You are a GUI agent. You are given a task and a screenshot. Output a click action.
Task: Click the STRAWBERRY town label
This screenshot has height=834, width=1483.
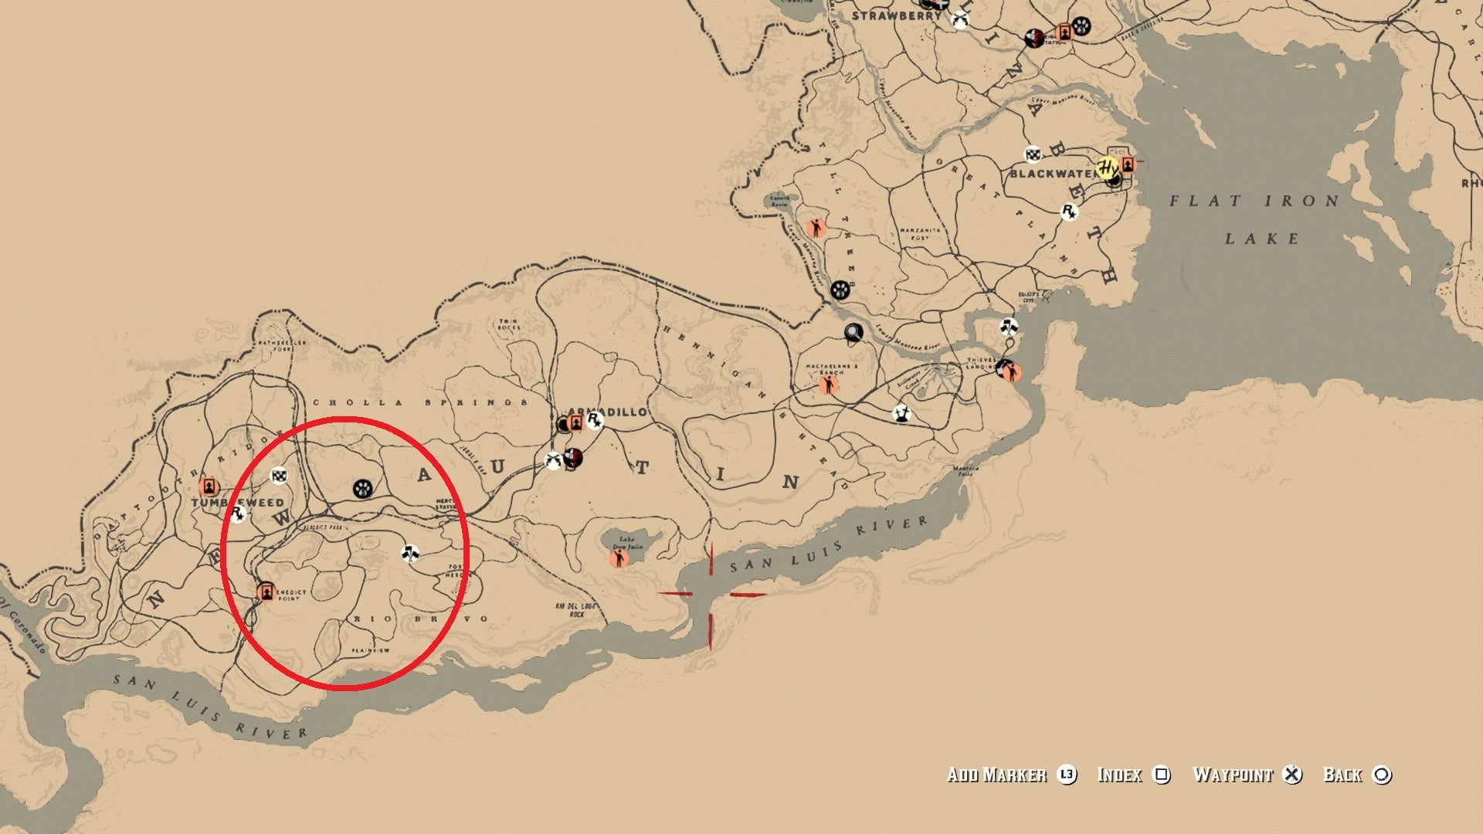(896, 15)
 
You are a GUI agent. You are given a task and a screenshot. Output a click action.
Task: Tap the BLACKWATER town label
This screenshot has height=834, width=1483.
(1051, 174)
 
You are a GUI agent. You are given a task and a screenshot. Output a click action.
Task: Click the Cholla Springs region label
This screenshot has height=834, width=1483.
(421, 402)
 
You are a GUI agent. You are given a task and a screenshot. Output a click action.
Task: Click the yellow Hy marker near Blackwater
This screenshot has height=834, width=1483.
(1108, 168)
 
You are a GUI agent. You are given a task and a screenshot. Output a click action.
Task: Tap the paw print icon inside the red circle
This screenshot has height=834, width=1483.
(362, 488)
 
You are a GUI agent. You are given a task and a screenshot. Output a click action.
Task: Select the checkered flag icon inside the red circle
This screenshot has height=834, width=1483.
(279, 476)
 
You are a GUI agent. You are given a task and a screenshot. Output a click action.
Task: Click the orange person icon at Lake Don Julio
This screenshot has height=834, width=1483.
(619, 558)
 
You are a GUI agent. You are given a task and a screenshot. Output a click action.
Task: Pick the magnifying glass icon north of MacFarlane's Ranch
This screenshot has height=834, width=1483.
(853, 333)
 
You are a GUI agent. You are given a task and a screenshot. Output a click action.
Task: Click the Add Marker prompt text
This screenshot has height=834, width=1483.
(996, 775)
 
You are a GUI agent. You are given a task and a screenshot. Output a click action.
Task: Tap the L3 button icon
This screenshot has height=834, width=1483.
(1067, 775)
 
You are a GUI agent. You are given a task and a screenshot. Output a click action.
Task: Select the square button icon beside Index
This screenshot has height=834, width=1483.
(1162, 775)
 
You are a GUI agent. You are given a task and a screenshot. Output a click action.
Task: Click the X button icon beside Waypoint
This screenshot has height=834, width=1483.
(1292, 775)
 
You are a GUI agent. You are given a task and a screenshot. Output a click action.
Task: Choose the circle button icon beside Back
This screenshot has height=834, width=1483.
(1382, 775)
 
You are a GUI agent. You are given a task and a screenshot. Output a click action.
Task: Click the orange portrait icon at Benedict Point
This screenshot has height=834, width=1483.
(266, 592)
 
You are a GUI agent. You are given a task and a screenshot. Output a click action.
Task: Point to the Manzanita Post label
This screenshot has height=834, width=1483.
(920, 234)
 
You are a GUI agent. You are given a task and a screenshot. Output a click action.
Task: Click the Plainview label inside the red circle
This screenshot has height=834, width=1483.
(371, 651)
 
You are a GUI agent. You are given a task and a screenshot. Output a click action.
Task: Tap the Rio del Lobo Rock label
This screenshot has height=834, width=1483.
(575, 610)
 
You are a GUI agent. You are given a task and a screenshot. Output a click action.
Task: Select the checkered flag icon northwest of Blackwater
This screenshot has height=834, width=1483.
(1033, 154)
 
